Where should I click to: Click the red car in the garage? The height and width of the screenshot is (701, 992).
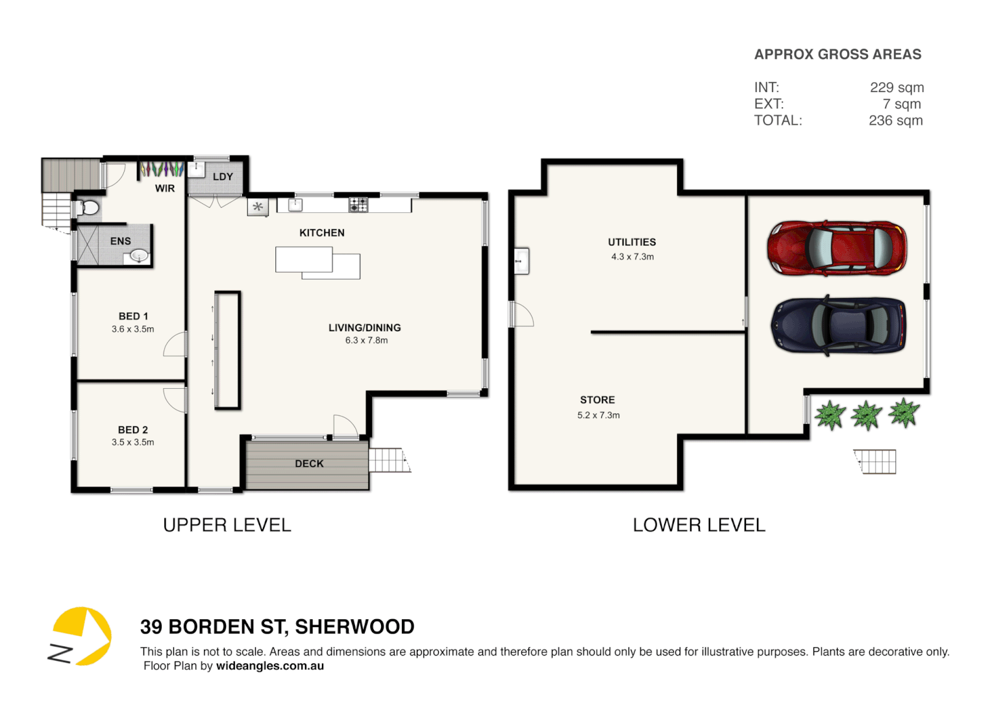coord(837,248)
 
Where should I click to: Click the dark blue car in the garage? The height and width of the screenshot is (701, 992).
coord(838,325)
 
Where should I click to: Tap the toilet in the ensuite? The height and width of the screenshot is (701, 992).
coord(88,208)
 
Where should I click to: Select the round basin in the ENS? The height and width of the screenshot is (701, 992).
coord(139,256)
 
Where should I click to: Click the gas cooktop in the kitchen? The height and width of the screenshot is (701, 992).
coord(358,204)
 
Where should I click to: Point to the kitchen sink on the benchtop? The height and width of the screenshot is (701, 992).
coord(295,204)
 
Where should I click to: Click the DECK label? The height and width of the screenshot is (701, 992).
coord(309,463)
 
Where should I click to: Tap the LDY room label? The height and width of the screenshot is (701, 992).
coord(223,177)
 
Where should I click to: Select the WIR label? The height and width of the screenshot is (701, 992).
coord(165,188)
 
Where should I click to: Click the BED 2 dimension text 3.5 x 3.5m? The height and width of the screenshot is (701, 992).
coord(133,442)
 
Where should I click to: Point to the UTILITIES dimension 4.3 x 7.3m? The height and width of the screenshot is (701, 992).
coord(632,257)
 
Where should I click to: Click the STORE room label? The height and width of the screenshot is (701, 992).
coord(597,400)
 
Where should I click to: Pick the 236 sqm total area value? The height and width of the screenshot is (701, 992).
coord(895,121)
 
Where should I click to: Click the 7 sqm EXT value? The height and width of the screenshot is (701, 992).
coord(902,104)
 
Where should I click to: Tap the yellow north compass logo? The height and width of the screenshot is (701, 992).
coord(80,636)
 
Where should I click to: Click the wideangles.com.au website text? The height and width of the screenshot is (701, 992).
coord(269,666)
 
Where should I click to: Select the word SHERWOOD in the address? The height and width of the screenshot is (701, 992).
coord(354,627)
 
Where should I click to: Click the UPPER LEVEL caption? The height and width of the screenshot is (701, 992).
coord(227,525)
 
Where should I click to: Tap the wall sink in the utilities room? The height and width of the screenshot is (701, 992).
coord(522,261)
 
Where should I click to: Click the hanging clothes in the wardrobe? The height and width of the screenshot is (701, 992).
coord(162,169)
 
